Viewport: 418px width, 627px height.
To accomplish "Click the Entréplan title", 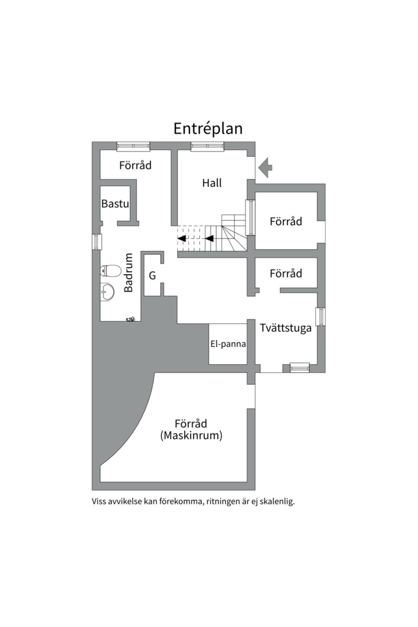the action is [x=208, y=129].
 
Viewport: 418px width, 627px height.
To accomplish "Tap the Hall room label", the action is [x=212, y=183].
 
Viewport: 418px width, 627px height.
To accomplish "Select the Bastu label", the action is [x=115, y=204].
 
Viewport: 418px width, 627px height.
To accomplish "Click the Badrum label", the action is [x=128, y=272].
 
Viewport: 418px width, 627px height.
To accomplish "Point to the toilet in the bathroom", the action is [x=110, y=271].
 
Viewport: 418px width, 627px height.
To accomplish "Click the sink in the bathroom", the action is [x=107, y=292].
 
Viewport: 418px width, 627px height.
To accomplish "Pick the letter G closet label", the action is [x=153, y=276].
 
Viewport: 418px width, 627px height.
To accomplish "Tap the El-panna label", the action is [x=228, y=344].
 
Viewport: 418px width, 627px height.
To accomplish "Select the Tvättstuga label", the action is [x=286, y=328].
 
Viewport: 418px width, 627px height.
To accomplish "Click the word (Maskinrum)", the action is [x=191, y=435].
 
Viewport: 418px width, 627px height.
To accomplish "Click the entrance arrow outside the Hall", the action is [x=265, y=168].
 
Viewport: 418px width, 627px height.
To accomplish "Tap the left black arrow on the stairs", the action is [x=182, y=239].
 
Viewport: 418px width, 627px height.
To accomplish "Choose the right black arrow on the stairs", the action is [x=209, y=239].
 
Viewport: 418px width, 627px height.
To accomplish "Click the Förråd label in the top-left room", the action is [x=135, y=165].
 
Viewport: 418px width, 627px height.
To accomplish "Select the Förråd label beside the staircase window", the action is [x=286, y=222].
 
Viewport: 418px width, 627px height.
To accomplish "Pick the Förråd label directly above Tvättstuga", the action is [x=286, y=273].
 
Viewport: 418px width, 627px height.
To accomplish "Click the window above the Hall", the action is [x=207, y=146].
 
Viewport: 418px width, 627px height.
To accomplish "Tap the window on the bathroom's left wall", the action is [x=96, y=242].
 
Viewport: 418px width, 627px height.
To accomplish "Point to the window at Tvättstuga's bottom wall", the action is [x=300, y=367].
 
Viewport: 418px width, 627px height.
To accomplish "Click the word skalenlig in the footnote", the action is [x=277, y=502].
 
